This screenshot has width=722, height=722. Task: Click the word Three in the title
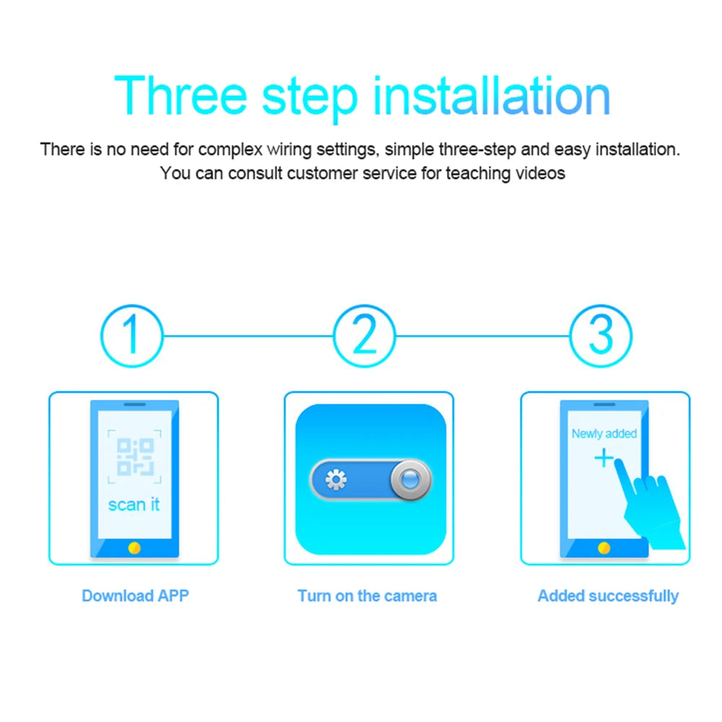[x=180, y=95]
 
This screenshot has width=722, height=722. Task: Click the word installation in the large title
[x=491, y=95]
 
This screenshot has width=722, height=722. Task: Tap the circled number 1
[x=131, y=336]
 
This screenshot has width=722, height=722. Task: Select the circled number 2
[x=365, y=336]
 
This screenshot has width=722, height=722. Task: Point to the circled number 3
[x=601, y=336]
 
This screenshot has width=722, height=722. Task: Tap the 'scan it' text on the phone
[x=134, y=504]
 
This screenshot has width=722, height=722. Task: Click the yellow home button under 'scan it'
[x=134, y=548]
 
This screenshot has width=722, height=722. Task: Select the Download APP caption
[x=135, y=596]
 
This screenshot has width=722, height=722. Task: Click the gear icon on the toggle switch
[x=336, y=480]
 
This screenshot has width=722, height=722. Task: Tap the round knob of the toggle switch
[x=409, y=480]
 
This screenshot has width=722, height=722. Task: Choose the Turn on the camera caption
[x=367, y=596]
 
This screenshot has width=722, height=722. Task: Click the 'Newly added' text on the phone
[x=604, y=434]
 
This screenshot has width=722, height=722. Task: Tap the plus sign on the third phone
[x=603, y=458]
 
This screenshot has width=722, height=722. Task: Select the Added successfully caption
[x=608, y=596]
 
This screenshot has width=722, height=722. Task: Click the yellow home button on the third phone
[x=604, y=548]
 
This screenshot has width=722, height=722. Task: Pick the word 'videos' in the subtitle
[x=541, y=173]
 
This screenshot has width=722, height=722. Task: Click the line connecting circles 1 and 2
[x=248, y=336]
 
